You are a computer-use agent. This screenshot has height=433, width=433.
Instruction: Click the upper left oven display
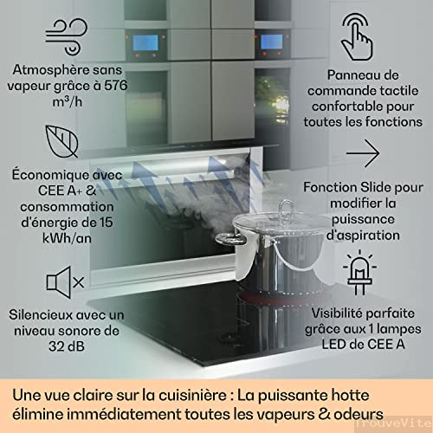[141, 42]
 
